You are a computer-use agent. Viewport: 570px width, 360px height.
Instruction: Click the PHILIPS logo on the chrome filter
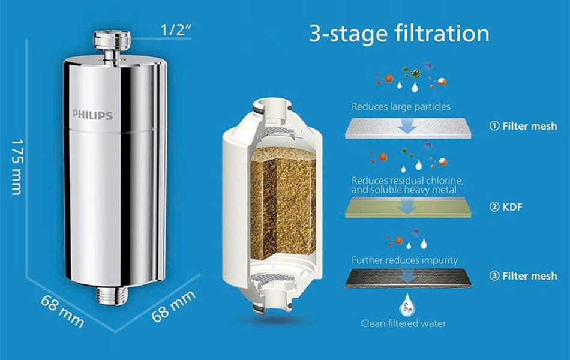(x=92, y=115)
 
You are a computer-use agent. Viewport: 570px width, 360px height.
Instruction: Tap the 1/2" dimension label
(x=176, y=30)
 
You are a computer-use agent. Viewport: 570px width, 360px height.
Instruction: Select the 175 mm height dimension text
(x=16, y=167)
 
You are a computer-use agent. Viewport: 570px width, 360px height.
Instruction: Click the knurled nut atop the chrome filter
(x=112, y=41)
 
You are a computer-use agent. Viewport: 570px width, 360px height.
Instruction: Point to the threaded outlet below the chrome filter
(x=112, y=295)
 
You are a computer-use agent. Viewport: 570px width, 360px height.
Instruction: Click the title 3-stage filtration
(x=399, y=33)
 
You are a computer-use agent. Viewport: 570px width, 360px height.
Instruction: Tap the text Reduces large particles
(x=401, y=107)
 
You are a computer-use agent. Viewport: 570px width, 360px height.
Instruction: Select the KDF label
(x=512, y=207)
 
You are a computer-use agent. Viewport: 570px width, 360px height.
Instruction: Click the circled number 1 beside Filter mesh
(x=494, y=126)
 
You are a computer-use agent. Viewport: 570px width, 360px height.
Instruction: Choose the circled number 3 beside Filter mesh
(x=494, y=276)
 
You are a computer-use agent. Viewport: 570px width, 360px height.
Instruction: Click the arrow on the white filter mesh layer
(x=407, y=127)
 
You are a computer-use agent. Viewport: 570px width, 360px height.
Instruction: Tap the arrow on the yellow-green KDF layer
(x=407, y=207)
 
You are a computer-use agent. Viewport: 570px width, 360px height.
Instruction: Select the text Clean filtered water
(x=403, y=323)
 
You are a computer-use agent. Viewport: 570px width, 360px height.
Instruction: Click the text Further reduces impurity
(x=404, y=260)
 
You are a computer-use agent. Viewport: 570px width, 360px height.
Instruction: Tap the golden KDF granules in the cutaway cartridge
(x=283, y=203)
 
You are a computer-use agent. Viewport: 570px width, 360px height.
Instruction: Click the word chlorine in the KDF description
(x=444, y=181)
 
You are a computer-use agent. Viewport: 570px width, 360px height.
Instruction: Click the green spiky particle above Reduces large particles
(x=415, y=74)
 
